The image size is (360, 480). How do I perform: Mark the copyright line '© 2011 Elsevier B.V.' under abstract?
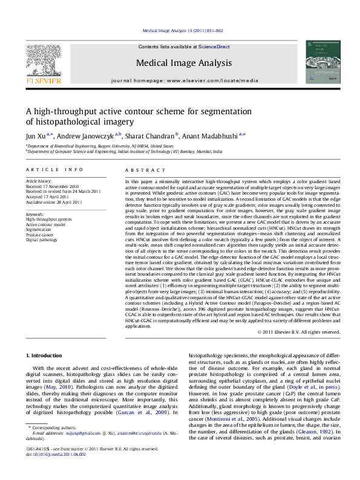coord(299,331)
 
